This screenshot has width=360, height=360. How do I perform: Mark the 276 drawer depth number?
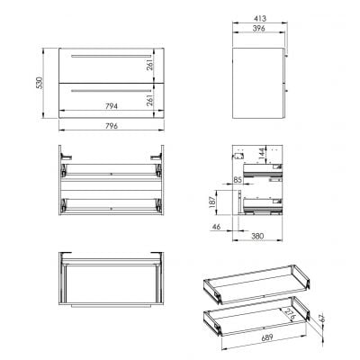point(286,313)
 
